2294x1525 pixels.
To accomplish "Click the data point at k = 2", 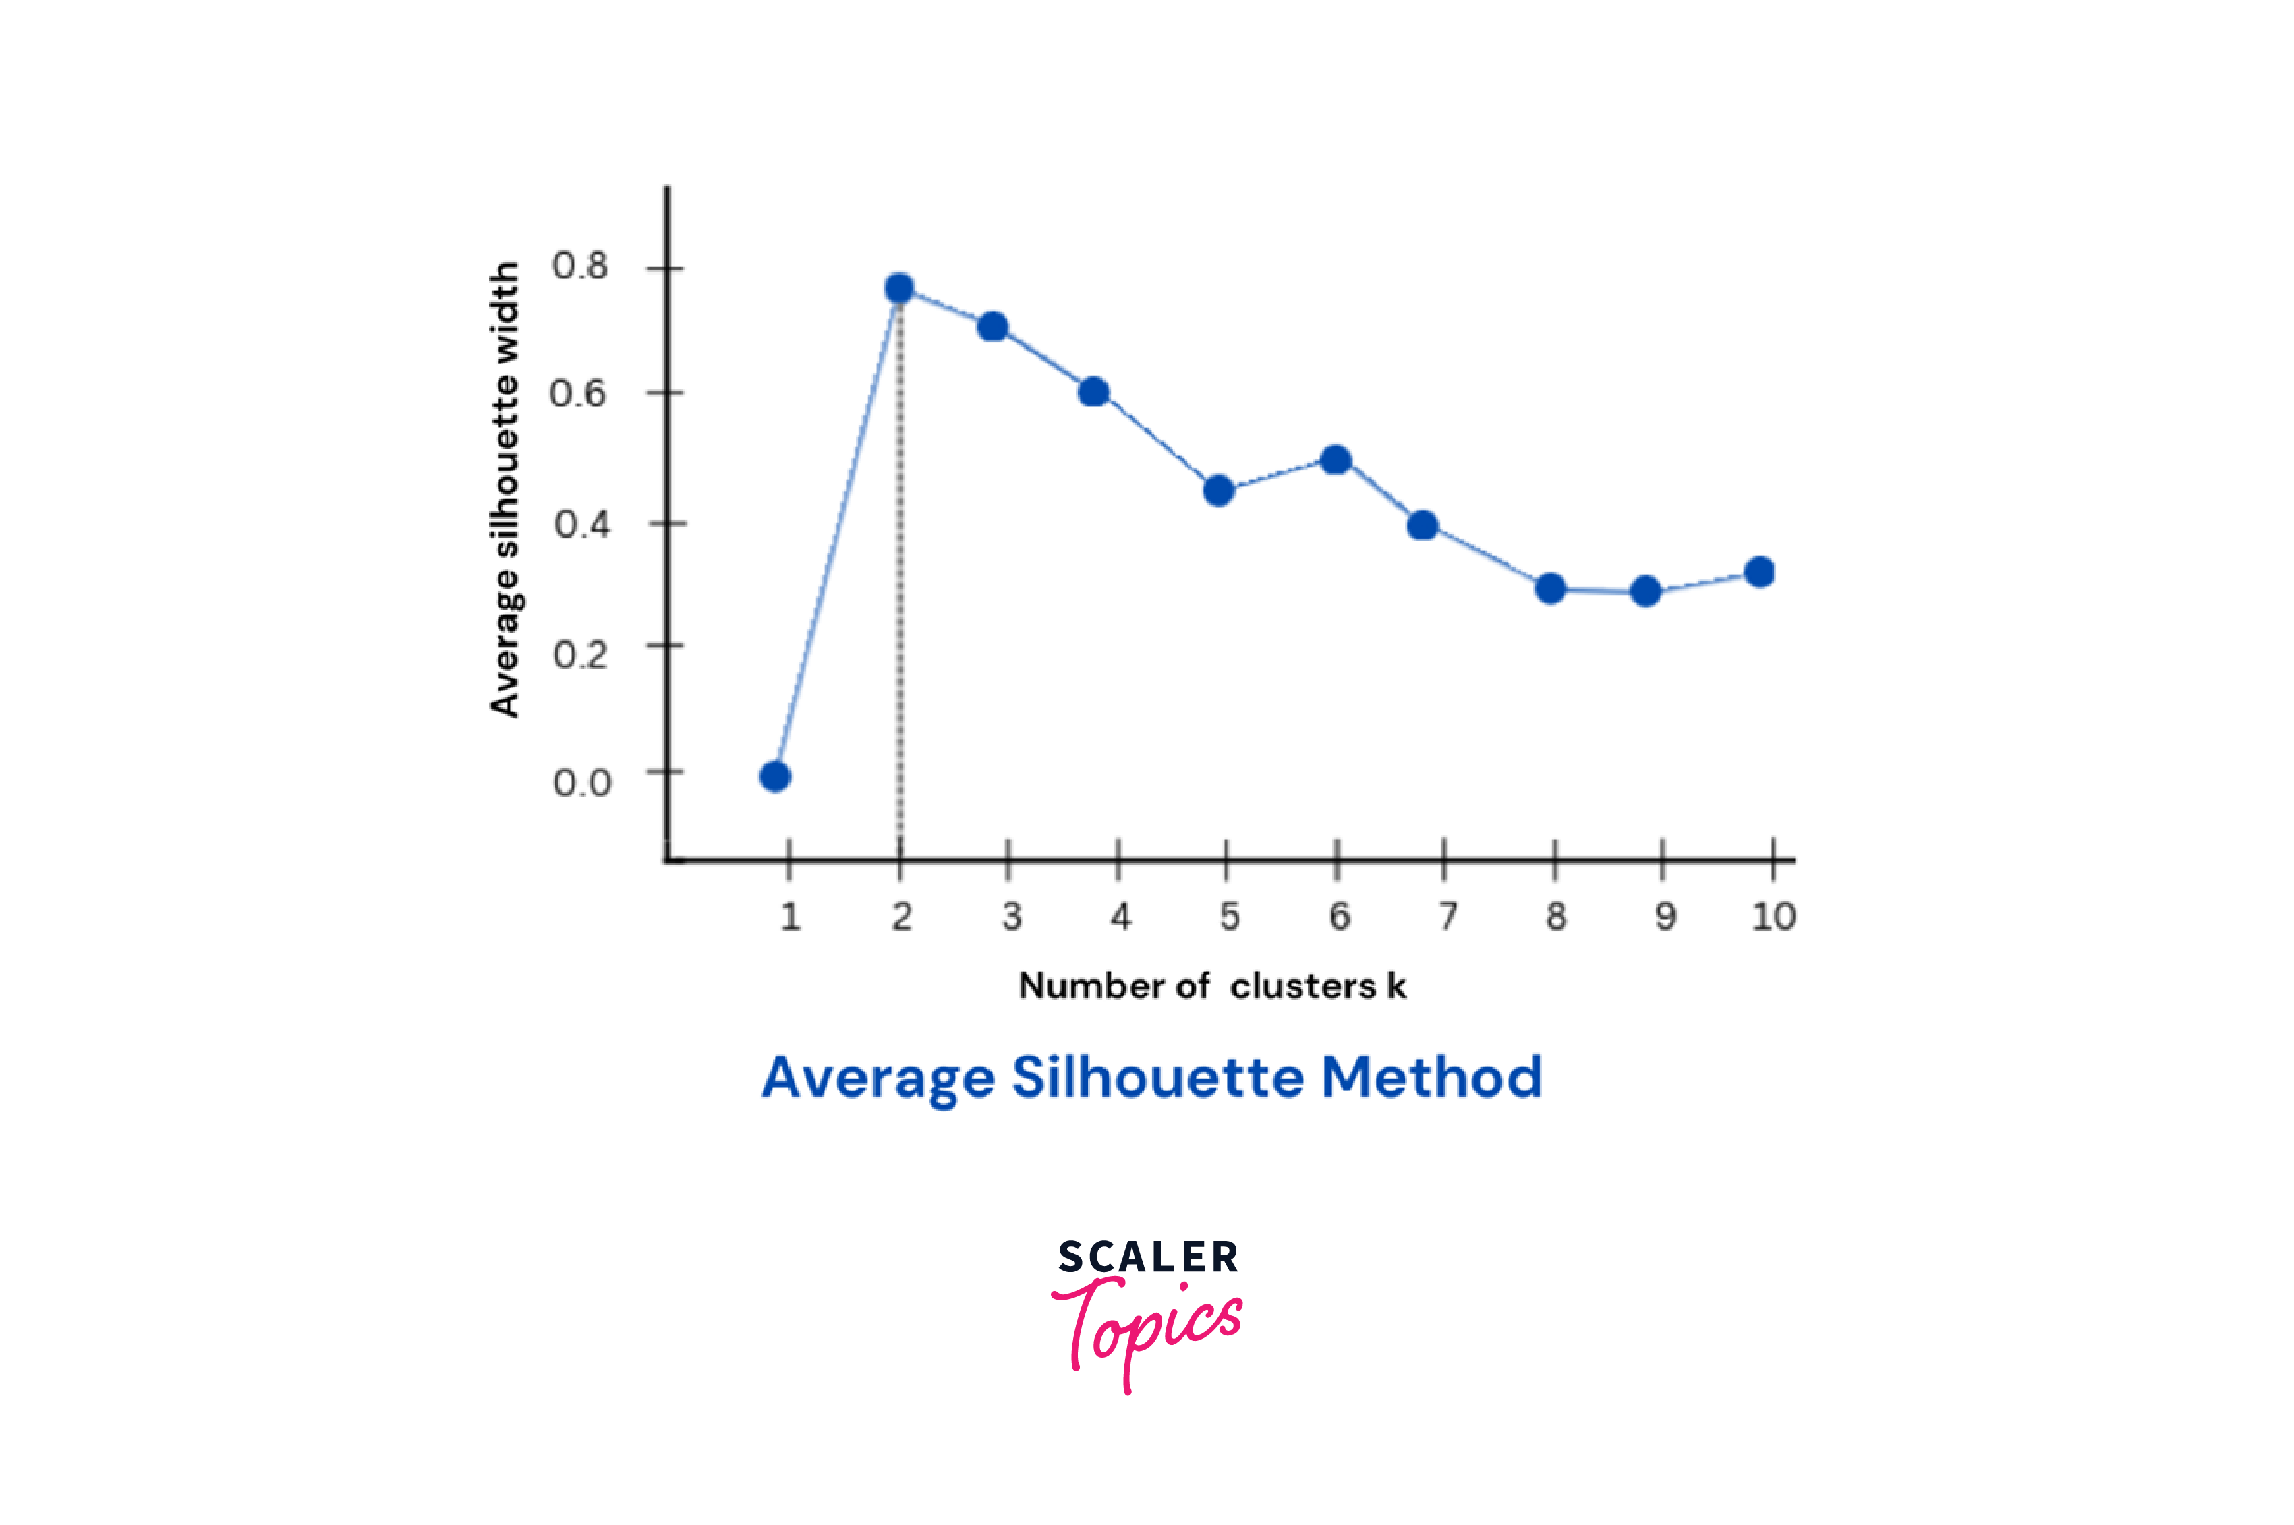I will [900, 288].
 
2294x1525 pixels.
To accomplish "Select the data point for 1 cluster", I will [775, 776].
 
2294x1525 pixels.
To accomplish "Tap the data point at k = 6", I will [1336, 459].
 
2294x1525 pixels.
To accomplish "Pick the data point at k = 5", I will [1218, 490].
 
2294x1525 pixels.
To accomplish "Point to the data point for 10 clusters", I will [1759, 572].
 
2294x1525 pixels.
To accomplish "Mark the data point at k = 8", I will [1551, 588].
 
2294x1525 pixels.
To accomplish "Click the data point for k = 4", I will [1094, 392].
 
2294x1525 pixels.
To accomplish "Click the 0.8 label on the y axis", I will [579, 266].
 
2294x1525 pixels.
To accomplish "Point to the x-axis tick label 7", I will [1448, 916].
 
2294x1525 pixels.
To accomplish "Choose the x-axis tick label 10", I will [1773, 916].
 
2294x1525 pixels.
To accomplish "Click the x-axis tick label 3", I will [1011, 916].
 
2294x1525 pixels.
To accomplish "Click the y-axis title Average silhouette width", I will [504, 489].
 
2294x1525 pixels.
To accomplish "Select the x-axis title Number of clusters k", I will [1211, 986].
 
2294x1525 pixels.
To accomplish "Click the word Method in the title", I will [1431, 1078].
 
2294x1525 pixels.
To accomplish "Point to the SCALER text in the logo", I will [1149, 1257].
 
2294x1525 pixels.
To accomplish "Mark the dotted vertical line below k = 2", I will [900, 583].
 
